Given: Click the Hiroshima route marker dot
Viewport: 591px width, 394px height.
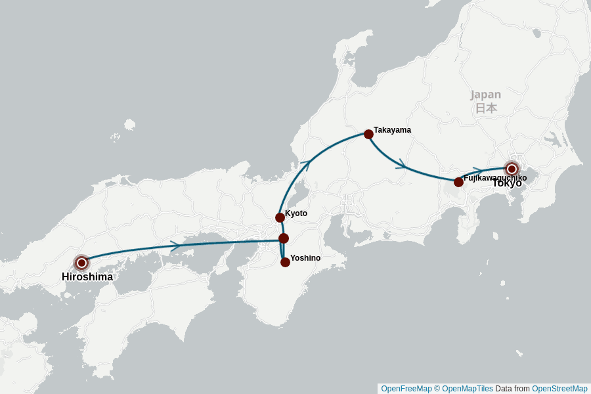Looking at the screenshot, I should coord(81,263).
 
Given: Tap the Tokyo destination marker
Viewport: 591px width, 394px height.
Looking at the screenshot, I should coord(512,169).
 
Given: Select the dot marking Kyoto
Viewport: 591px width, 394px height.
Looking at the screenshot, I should coord(280,217).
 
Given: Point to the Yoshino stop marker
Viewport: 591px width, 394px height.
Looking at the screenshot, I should coord(285,262).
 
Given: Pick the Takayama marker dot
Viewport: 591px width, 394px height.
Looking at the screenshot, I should coord(368,134).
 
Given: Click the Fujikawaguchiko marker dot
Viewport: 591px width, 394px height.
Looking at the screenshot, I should coord(458,182).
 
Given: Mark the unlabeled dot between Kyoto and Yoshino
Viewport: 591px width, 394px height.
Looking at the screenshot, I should coord(284,238).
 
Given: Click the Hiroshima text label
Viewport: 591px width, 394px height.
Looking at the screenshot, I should coord(87,277).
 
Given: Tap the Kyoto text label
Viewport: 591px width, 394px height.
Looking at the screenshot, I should coord(296,213).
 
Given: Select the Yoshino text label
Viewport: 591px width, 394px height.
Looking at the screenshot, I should coord(305,258).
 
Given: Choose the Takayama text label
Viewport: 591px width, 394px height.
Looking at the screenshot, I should coord(392,130).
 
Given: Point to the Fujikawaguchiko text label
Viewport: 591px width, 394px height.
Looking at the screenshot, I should coord(495,178).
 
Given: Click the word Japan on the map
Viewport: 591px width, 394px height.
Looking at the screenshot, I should coord(485,95).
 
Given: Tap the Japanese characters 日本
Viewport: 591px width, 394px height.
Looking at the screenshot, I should coord(486,108).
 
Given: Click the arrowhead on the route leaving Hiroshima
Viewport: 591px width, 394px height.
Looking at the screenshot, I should coord(175,246).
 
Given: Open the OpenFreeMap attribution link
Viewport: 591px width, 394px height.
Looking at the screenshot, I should coord(406,389).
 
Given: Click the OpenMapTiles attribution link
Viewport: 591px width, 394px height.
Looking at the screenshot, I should coord(464,389).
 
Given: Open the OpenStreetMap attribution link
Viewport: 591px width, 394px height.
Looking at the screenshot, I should coord(559,389).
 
